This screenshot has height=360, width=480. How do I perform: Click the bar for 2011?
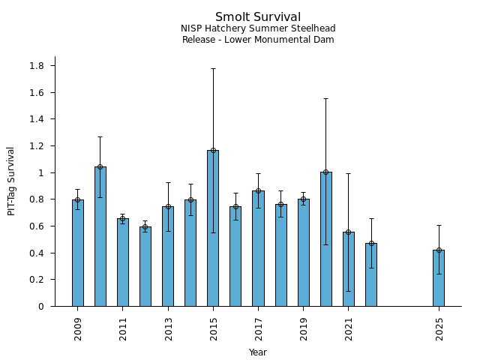click(x=123, y=262)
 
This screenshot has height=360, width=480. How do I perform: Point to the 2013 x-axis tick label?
click(x=168, y=328)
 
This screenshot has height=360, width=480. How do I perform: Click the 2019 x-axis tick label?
click(x=304, y=328)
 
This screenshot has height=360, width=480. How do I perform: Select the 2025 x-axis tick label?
click(x=439, y=328)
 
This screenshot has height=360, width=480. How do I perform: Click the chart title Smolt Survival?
click(x=258, y=17)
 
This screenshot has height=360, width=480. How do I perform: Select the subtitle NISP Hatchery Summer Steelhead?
click(x=258, y=28)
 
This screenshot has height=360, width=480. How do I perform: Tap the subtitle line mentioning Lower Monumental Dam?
click(x=258, y=40)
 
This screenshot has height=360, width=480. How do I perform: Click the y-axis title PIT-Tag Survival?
click(x=11, y=181)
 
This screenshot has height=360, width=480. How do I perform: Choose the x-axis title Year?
click(x=258, y=352)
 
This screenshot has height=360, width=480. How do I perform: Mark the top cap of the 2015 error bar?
click(x=213, y=68)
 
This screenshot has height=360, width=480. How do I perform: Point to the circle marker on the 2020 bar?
click(x=326, y=172)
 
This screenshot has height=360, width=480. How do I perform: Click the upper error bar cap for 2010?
click(x=100, y=136)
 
